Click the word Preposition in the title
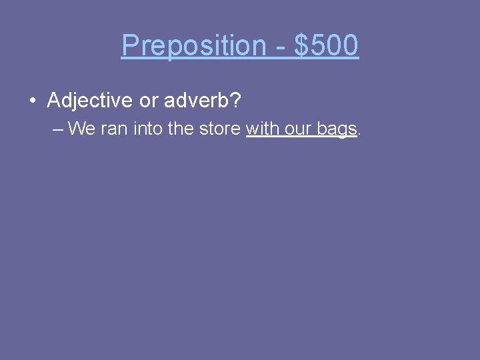tap(193, 46)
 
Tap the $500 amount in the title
tap(326, 46)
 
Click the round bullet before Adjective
tap(32, 101)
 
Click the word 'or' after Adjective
tap(148, 101)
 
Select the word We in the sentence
tap(82, 128)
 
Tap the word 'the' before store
tap(181, 128)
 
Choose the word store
tap(219, 128)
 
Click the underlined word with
tap(263, 128)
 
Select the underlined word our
tap(298, 128)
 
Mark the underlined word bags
tap(337, 129)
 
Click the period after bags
tap(360, 132)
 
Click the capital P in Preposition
tap(129, 46)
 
